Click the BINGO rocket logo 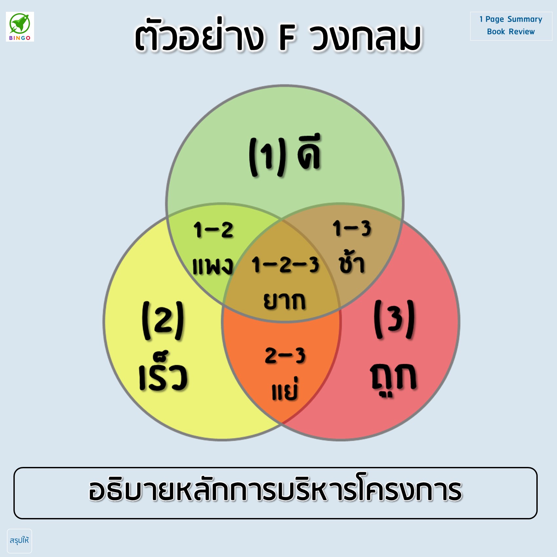(x=20, y=27)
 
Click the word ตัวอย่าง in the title (x=199, y=34)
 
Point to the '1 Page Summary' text (x=511, y=19)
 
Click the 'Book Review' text (x=511, y=32)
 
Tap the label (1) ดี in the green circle (x=285, y=155)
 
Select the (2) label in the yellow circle (x=163, y=321)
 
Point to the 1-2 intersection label (x=214, y=230)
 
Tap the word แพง (x=213, y=266)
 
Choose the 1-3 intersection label (x=352, y=228)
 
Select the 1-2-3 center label (x=285, y=265)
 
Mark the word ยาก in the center (x=285, y=301)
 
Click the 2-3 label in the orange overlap (x=285, y=356)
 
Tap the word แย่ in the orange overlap (x=285, y=389)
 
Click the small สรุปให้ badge (x=19, y=541)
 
